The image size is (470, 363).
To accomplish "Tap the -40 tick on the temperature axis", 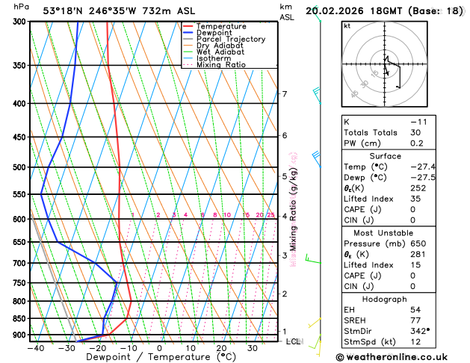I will [34, 348].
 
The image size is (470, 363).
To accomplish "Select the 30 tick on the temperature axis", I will [253, 348].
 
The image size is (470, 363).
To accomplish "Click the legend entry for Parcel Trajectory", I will [233, 39].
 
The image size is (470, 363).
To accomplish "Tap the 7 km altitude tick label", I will [284, 94].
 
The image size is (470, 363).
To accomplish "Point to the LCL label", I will [294, 341].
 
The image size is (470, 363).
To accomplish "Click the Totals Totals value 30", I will [415, 132].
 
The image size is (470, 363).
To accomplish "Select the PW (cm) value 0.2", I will [415, 143].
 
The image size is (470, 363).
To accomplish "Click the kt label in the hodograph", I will [347, 25].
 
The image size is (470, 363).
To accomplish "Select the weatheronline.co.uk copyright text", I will [403, 356].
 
